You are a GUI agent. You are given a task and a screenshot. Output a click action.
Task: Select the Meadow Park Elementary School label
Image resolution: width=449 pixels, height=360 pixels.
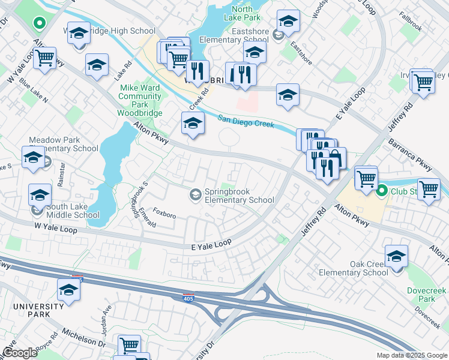click(64, 144)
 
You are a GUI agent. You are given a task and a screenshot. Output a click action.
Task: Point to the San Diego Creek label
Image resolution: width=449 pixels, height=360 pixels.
click(246, 121)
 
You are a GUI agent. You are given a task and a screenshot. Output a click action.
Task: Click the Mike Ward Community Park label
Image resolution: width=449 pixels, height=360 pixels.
click(140, 95)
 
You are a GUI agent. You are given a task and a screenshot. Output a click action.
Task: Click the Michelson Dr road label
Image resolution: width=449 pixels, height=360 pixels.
click(83, 338)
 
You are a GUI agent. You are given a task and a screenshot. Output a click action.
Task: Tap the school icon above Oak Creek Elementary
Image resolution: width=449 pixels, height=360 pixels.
click(396, 256)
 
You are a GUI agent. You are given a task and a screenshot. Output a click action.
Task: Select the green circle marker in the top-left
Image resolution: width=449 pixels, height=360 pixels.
click(39, 25)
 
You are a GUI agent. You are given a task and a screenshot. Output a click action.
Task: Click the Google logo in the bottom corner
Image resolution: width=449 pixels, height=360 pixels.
click(20, 353)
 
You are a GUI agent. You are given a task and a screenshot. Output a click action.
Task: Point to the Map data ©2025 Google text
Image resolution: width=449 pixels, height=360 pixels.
click(412, 355)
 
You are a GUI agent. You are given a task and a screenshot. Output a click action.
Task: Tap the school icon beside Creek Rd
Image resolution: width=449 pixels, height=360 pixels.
click(191, 123)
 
